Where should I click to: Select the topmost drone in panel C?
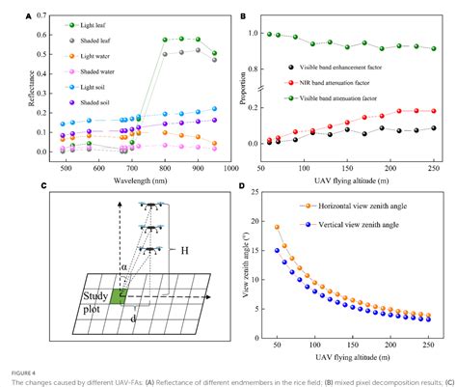[x=149, y=205]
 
